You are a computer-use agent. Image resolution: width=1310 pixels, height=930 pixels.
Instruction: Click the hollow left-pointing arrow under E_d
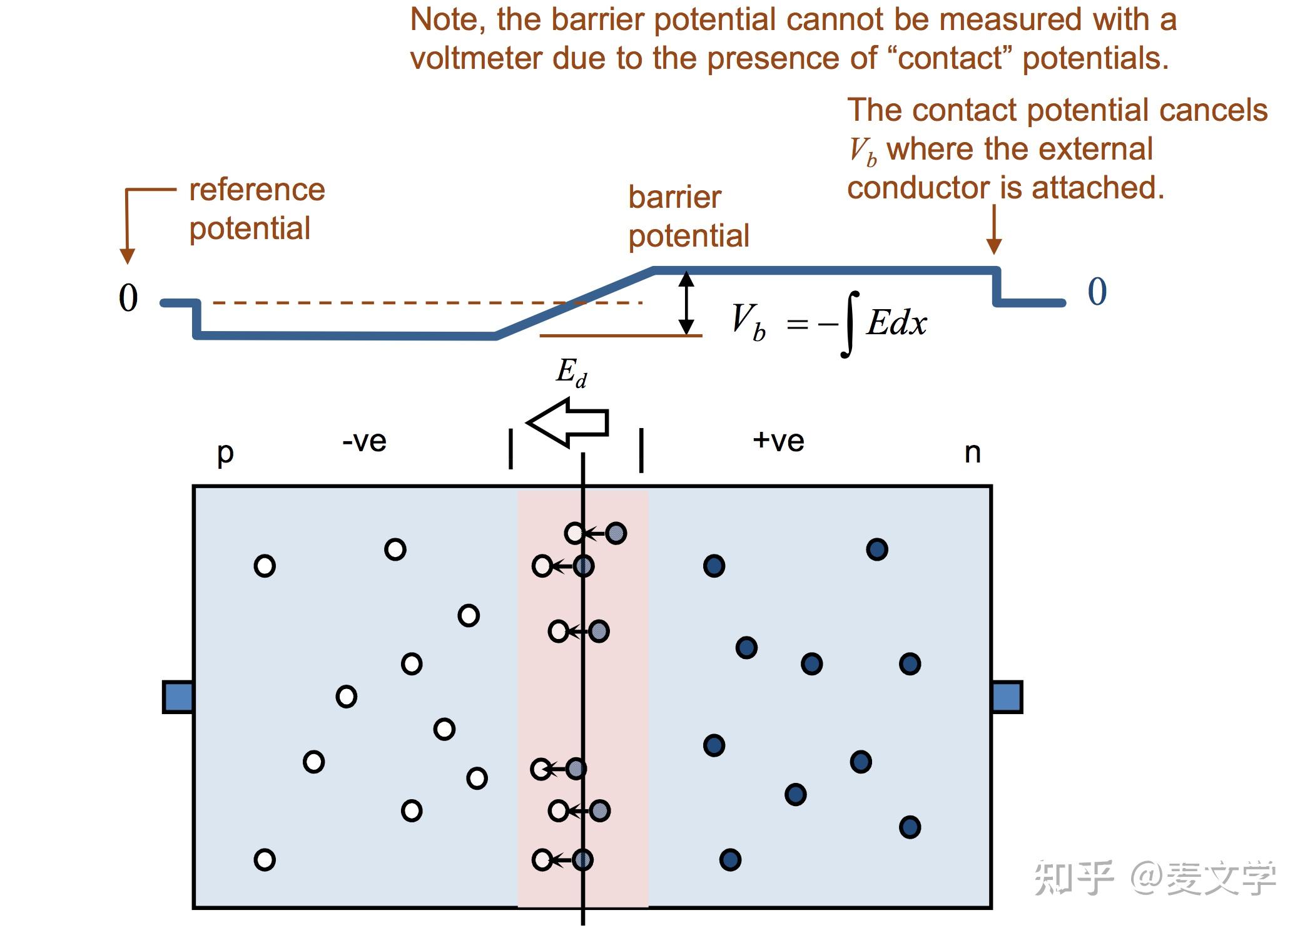coord(567,423)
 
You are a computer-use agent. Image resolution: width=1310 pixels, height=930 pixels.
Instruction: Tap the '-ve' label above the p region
coord(364,441)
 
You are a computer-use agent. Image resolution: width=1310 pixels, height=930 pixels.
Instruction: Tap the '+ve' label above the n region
coord(778,441)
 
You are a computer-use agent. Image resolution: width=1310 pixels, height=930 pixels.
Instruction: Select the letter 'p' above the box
coord(225,453)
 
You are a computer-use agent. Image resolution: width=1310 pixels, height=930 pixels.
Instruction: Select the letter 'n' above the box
coord(972,452)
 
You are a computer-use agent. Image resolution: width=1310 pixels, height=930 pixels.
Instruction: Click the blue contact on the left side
coord(178,697)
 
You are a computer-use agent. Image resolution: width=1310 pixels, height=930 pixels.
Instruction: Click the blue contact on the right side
coord(1007,697)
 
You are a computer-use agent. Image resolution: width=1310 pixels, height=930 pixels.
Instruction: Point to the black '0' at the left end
coord(128,298)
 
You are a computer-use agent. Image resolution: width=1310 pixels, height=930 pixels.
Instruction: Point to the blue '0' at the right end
coord(1097,292)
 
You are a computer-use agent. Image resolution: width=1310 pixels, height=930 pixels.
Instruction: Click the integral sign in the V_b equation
coord(849,324)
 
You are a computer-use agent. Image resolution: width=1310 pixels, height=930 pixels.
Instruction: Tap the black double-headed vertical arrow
coord(686,303)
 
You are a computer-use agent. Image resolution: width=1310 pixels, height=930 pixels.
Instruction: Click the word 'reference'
coord(257,190)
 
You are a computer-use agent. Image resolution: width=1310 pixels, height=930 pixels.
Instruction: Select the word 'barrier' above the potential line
coord(674,197)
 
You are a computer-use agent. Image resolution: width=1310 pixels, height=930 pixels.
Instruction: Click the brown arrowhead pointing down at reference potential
coord(127,256)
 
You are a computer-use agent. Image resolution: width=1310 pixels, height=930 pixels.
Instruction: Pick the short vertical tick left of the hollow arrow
coord(511,449)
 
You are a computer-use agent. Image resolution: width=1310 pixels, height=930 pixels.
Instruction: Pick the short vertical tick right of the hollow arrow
coord(641,449)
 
